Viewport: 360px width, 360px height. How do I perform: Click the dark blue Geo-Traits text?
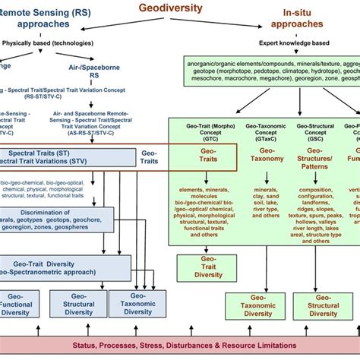(x=150, y=158)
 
